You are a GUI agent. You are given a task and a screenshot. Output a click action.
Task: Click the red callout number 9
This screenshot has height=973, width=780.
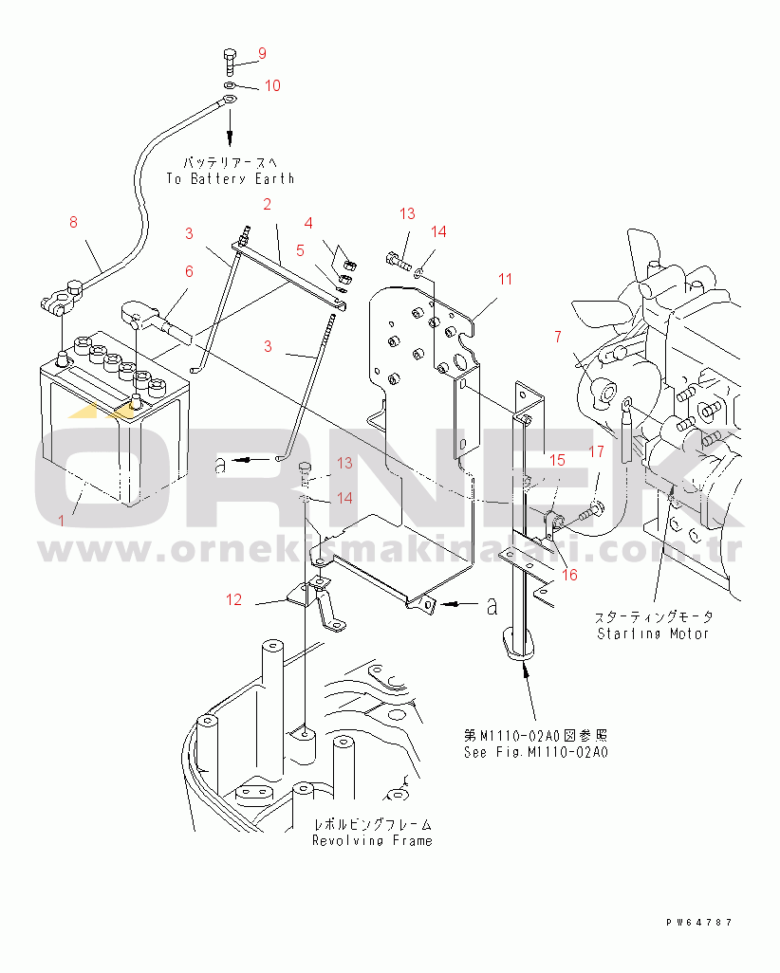click(x=263, y=53)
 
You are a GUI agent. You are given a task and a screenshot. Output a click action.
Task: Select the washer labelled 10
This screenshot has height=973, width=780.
click(x=232, y=86)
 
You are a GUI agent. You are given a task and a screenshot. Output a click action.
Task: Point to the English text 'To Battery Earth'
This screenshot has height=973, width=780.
click(x=230, y=178)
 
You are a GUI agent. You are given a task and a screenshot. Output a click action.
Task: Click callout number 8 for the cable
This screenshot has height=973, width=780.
click(x=73, y=223)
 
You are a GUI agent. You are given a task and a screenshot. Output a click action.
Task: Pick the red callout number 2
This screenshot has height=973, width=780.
click(x=267, y=204)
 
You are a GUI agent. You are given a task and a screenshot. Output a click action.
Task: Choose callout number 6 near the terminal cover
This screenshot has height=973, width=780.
click(x=189, y=271)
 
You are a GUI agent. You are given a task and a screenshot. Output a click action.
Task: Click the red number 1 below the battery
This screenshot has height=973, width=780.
click(x=63, y=520)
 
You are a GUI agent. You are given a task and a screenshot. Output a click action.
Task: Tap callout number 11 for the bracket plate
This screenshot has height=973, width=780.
click(x=505, y=279)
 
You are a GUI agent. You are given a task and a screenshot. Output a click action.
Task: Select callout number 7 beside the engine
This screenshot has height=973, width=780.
click(x=558, y=336)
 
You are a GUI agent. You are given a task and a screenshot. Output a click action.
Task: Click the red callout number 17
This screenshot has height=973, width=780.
click(x=595, y=452)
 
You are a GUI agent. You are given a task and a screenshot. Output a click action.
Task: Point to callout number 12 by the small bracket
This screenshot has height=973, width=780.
click(x=234, y=599)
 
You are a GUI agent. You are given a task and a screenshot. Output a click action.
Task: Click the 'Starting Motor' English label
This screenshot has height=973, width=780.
click(x=653, y=633)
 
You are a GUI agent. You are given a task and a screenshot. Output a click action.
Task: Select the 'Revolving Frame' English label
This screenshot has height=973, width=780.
click(x=372, y=840)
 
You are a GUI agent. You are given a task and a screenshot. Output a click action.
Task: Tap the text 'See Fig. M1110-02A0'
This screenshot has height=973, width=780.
click(x=535, y=752)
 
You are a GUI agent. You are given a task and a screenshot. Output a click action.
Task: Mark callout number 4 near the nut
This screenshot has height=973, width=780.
click(x=308, y=223)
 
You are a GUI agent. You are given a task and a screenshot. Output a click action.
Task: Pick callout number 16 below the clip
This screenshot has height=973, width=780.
click(x=569, y=574)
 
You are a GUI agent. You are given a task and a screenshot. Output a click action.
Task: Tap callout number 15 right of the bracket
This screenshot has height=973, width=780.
click(x=557, y=460)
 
